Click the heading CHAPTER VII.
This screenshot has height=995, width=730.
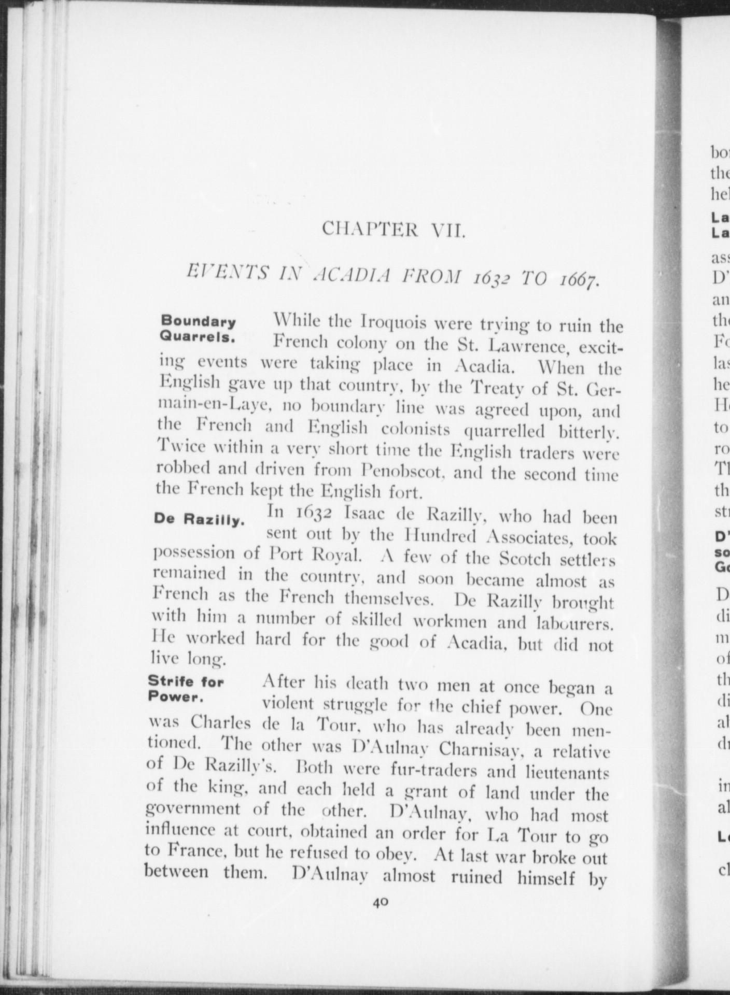(x=394, y=229)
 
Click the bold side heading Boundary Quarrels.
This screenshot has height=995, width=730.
(x=198, y=329)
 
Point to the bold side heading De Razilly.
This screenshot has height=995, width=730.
(x=199, y=520)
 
